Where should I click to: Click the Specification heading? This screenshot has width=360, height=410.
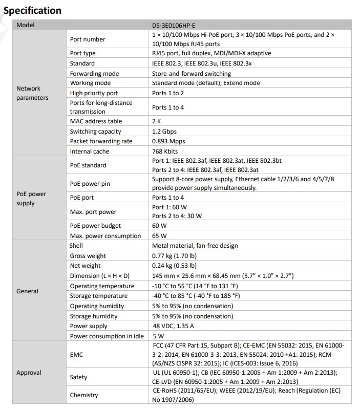pos(32,10)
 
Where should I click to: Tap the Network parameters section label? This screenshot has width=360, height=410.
pos(32,93)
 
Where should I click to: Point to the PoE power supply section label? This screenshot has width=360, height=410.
pos(31,199)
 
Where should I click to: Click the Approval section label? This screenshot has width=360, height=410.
pos(29,373)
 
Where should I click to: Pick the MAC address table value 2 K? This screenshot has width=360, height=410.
pos(157,121)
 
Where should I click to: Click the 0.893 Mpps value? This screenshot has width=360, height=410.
pos(168,141)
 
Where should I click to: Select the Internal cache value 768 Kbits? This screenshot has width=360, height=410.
pos(167,152)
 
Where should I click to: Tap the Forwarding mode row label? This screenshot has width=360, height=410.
pos(94,74)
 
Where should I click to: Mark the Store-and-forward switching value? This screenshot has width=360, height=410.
pos(192,74)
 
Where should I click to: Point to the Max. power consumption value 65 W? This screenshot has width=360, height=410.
pos(159,236)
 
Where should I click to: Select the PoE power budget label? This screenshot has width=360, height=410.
pos(95,226)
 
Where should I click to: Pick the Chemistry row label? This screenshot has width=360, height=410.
pos(84,395)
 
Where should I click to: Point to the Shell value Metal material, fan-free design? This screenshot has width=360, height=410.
pos(195,246)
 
